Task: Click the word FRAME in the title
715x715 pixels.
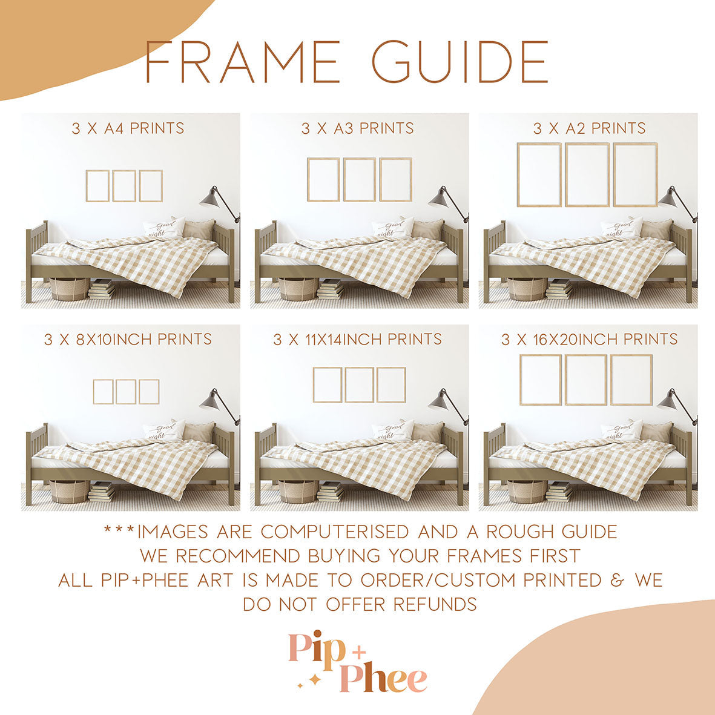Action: point(242,62)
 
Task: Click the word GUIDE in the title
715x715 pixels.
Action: point(460,62)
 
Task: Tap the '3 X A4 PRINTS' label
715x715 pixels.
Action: point(128,128)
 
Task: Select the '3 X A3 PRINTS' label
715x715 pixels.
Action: point(358,128)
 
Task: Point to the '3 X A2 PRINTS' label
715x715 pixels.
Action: point(589,128)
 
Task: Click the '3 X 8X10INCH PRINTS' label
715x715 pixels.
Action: point(128,339)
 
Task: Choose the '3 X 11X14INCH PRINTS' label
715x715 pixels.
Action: point(357,339)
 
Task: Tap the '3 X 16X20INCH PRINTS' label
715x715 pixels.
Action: point(589,339)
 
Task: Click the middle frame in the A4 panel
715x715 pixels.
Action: point(124,186)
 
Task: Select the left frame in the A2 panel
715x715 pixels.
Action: point(539,174)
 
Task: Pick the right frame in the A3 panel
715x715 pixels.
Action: point(396,179)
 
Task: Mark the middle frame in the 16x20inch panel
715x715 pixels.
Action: point(585,380)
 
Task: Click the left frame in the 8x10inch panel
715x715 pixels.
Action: point(103,392)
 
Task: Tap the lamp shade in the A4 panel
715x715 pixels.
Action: point(209,196)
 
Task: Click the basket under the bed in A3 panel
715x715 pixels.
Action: point(298,289)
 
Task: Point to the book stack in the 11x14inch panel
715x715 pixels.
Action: point(330,492)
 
